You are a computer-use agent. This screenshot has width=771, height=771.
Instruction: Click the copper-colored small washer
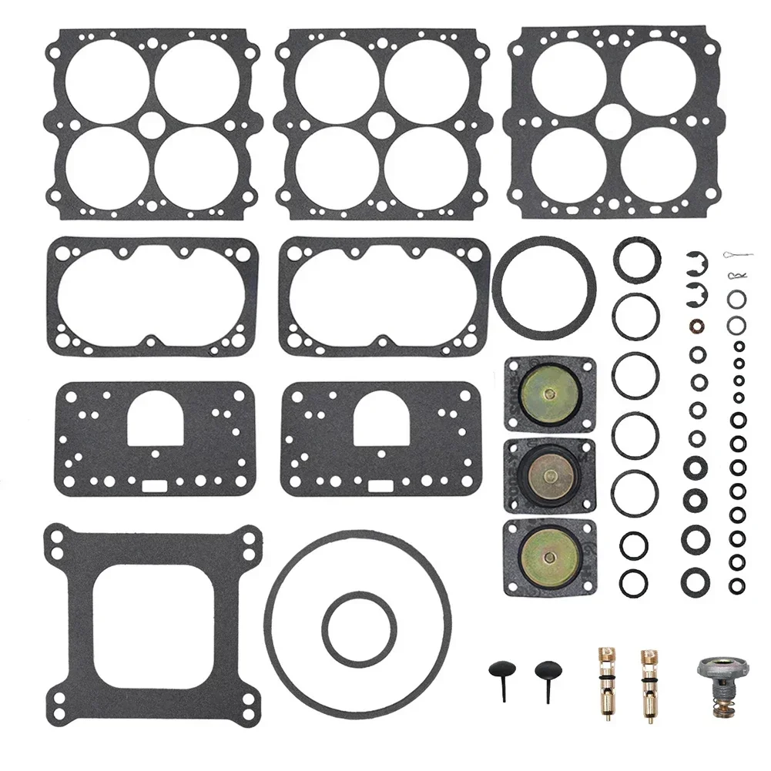(x=696, y=323)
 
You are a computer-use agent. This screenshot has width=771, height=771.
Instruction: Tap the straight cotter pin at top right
(x=737, y=255)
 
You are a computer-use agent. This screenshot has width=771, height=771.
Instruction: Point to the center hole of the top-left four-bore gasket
(x=153, y=124)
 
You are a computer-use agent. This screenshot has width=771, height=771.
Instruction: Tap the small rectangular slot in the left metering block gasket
(x=154, y=486)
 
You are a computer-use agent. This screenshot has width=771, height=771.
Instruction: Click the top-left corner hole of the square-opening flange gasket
(x=55, y=536)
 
